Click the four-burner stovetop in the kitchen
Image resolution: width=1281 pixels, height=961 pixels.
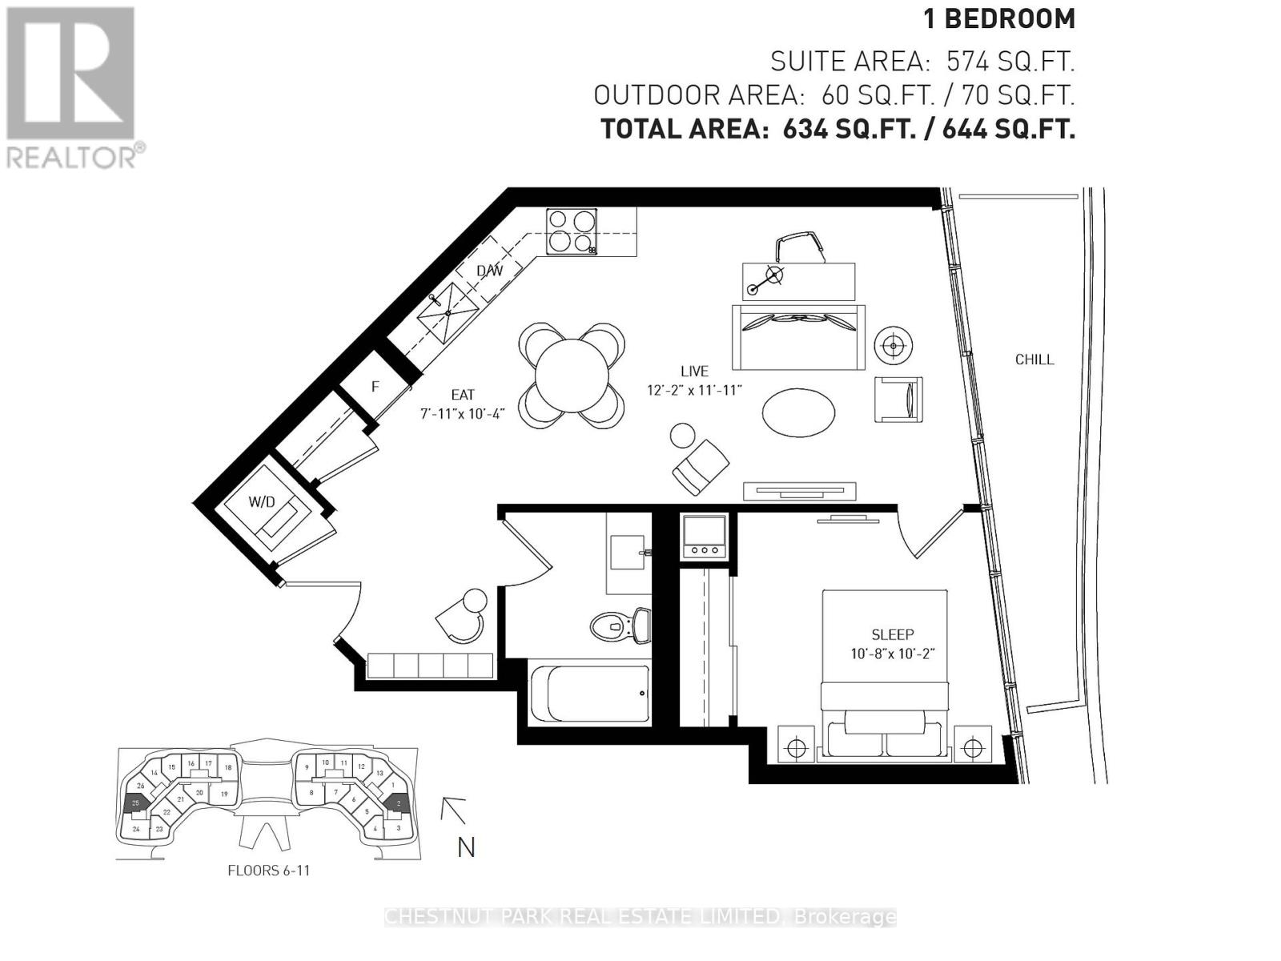(572, 231)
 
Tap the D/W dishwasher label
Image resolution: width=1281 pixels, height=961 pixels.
(489, 271)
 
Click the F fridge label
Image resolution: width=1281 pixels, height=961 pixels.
(375, 387)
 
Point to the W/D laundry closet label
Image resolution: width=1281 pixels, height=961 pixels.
(261, 502)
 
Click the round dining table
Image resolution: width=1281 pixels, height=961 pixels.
(572, 374)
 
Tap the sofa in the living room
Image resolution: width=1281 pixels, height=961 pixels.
(798, 337)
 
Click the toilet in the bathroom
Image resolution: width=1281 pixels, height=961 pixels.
(620, 625)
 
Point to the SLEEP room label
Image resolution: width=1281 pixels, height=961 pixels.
(893, 634)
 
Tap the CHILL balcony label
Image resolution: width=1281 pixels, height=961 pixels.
(1034, 360)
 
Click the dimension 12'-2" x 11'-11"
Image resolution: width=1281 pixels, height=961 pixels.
(695, 390)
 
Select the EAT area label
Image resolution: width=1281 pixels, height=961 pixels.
(463, 395)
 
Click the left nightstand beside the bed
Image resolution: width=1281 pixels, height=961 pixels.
(795, 748)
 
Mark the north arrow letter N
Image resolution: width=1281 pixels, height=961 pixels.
(466, 847)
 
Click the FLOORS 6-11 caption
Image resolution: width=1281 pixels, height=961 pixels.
(268, 871)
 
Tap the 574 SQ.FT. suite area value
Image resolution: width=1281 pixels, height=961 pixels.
(1010, 62)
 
